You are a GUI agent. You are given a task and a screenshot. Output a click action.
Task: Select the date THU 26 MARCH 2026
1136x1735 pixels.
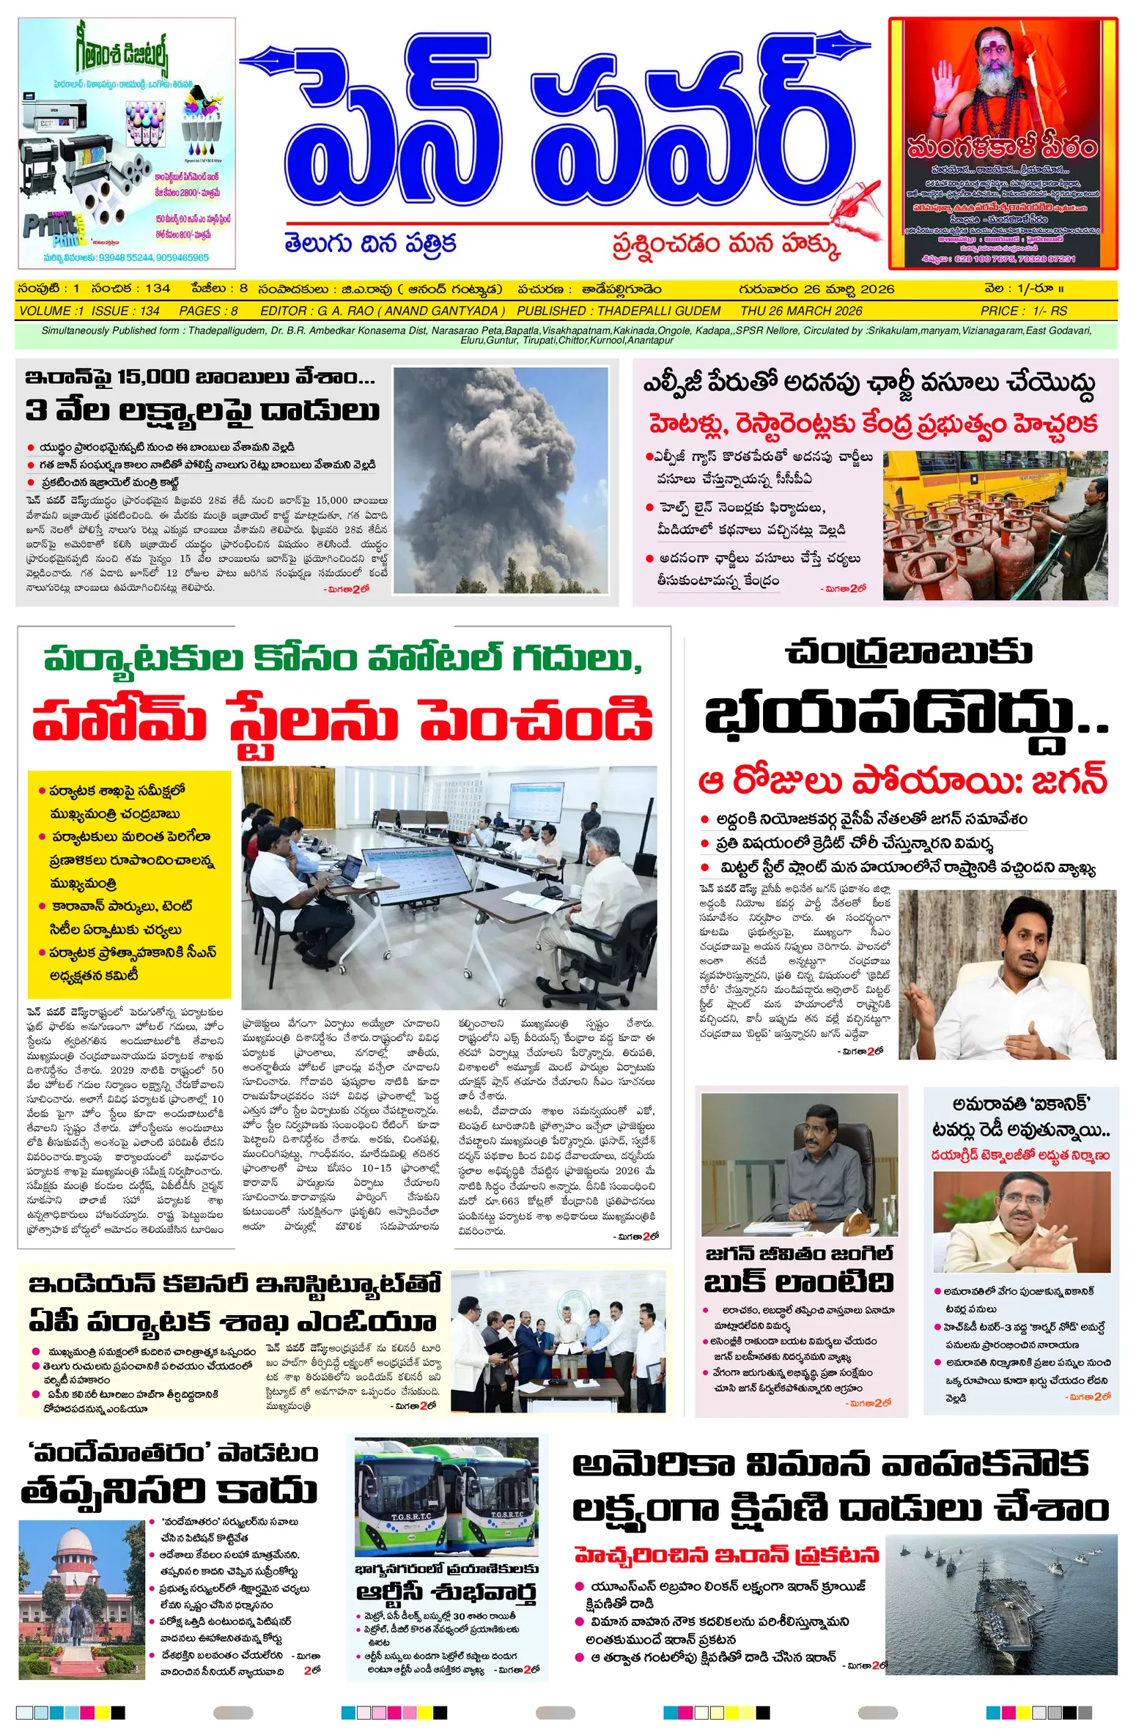(x=800, y=311)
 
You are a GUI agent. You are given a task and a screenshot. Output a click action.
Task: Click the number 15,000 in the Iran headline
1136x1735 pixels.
(x=152, y=377)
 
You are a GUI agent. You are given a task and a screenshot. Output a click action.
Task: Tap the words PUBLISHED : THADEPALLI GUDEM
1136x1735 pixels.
(x=618, y=311)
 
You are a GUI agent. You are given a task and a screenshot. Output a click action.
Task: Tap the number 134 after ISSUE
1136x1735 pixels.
(x=150, y=311)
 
